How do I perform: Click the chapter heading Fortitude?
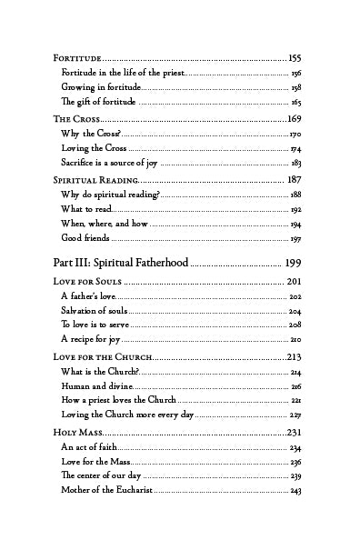pyautogui.click(x=77, y=56)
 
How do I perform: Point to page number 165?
pyautogui.click(x=296, y=103)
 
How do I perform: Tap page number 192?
pyautogui.click(x=296, y=209)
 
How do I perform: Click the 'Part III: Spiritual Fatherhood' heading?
pyautogui.click(x=121, y=263)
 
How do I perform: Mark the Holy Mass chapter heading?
pyautogui.click(x=78, y=433)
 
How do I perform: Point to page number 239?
pyautogui.click(x=296, y=476)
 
